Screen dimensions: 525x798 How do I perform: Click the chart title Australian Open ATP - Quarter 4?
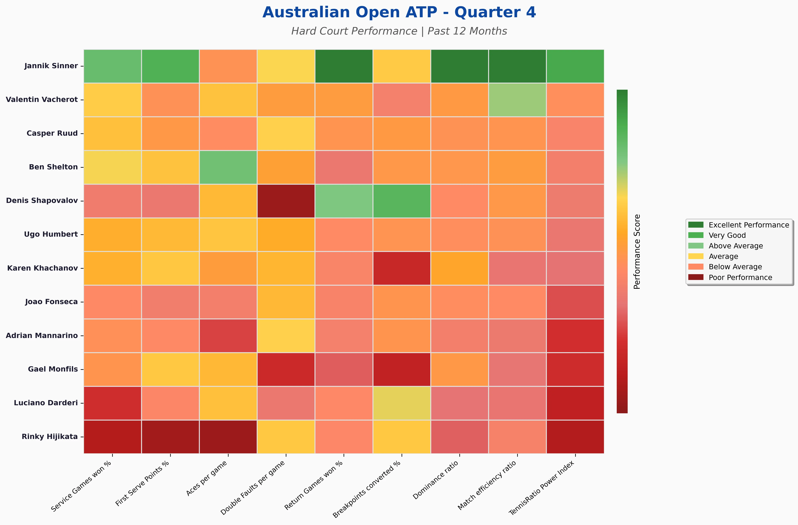click(x=399, y=12)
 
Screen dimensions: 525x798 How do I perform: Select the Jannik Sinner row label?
click(x=51, y=66)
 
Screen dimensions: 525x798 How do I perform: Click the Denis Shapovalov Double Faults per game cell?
click(x=286, y=201)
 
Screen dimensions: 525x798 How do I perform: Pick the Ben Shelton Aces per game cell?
click(x=228, y=167)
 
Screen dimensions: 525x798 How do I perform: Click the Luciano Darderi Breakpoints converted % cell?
click(x=401, y=403)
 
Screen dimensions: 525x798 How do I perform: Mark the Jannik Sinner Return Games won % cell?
click(x=344, y=66)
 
